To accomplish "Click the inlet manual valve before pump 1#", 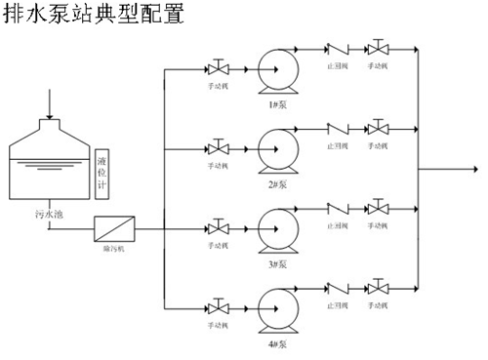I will [x=218, y=68].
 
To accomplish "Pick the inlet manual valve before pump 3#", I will [x=218, y=229].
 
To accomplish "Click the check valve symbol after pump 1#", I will [x=338, y=47].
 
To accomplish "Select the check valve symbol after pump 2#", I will [x=338, y=127].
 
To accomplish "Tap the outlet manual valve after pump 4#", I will [x=377, y=289].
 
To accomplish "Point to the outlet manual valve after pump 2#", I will [x=377, y=127].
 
